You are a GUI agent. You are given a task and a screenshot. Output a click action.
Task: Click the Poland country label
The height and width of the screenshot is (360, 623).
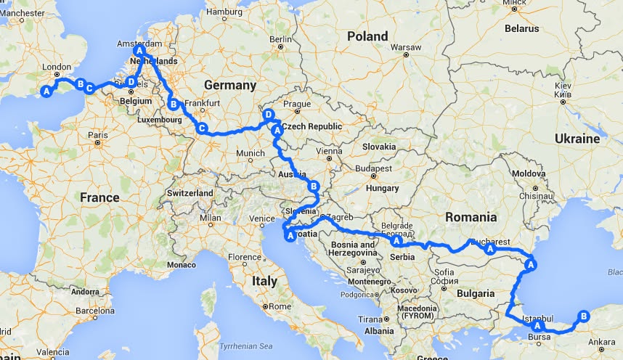click(367, 36)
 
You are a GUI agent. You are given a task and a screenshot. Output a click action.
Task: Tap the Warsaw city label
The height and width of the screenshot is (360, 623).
click(406, 47)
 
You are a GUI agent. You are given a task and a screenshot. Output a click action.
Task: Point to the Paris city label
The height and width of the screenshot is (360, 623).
click(98, 135)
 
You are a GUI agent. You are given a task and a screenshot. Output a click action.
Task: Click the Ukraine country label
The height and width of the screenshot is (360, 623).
click(577, 138)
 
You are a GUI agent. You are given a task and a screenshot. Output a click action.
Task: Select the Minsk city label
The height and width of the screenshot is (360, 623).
click(513, 3)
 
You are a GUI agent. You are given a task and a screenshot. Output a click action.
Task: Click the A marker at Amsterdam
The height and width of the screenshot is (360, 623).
click(139, 52)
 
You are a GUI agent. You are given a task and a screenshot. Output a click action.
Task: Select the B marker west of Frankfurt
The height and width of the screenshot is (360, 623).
click(173, 103)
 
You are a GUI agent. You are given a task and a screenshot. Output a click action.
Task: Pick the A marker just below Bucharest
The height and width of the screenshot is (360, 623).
click(490, 249)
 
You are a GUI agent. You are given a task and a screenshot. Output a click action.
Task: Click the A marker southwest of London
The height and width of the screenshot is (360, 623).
click(46, 91)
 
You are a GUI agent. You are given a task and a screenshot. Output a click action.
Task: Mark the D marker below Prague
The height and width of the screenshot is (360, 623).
click(269, 115)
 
